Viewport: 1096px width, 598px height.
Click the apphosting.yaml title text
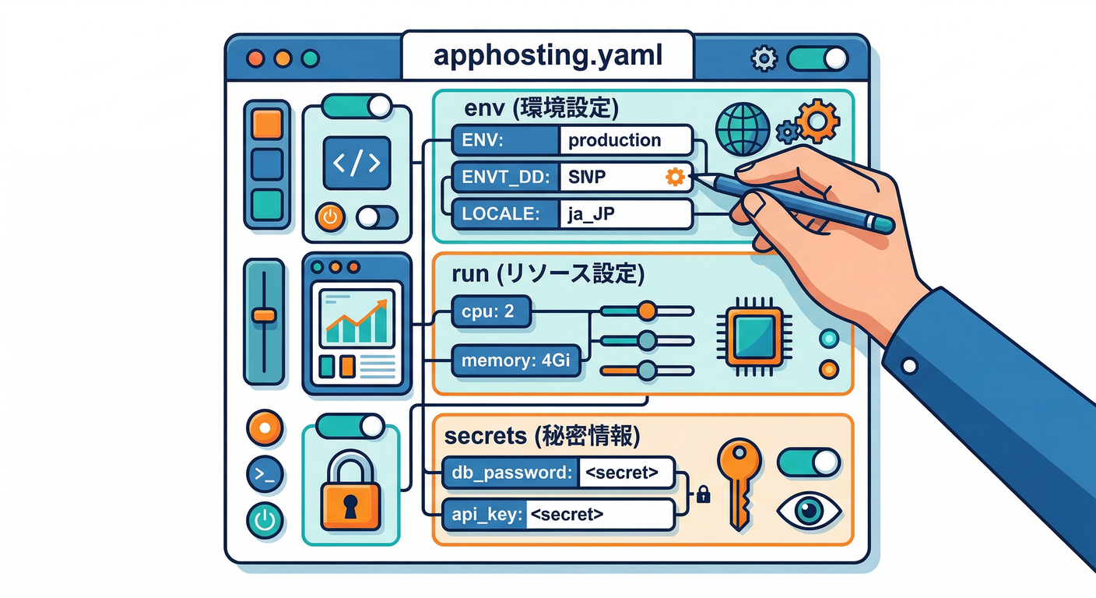point(548,56)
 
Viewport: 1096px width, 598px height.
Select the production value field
point(625,141)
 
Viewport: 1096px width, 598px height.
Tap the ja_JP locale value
point(625,213)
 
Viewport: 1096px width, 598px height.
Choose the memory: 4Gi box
point(516,361)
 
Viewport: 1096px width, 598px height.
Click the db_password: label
point(511,473)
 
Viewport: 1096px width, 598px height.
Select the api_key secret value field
point(599,515)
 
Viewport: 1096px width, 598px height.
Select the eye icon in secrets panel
point(810,511)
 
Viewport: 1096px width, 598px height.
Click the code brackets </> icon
point(357,164)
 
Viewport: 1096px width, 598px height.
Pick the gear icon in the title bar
point(764,58)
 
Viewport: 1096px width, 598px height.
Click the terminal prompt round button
point(265,473)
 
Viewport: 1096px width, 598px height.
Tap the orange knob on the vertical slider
point(264,315)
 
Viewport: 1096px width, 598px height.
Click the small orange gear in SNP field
point(675,178)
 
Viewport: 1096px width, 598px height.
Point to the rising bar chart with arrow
point(356,321)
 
